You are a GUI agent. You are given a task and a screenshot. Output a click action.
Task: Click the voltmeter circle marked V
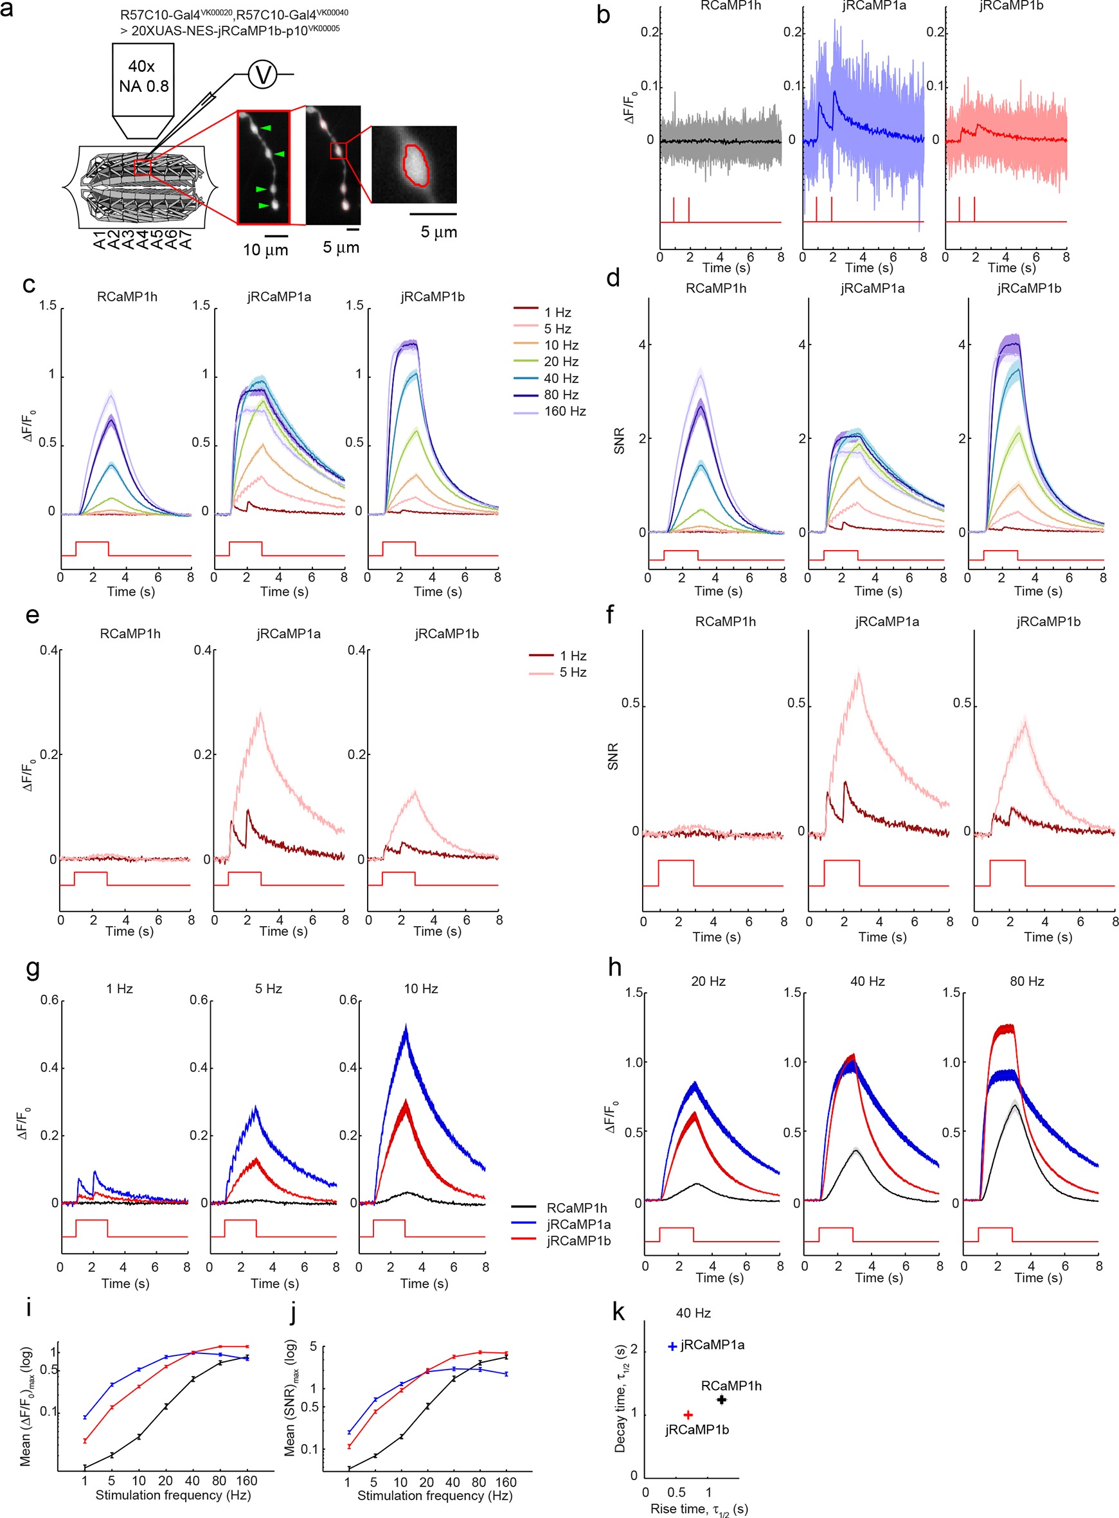click(263, 74)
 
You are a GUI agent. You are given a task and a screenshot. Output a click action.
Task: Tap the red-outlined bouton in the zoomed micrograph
click(415, 165)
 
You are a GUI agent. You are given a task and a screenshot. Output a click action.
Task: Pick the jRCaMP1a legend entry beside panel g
click(578, 1224)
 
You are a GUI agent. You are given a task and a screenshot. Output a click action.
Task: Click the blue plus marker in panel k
click(672, 1346)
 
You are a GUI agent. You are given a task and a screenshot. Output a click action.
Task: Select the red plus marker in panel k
click(688, 1415)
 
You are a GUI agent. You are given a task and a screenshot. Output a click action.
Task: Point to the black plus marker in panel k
click(721, 1400)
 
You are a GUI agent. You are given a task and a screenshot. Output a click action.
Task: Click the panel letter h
click(614, 967)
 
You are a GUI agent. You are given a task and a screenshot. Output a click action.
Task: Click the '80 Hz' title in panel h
click(1026, 981)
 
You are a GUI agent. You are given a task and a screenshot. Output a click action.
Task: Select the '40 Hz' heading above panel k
click(693, 1313)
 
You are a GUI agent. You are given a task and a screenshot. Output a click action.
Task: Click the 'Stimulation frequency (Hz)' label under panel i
click(173, 1495)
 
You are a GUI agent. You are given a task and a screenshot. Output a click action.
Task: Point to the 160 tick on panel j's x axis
click(505, 1482)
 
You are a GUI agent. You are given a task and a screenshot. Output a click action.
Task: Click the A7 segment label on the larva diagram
click(186, 239)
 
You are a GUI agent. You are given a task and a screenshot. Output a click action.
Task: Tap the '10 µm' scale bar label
click(265, 250)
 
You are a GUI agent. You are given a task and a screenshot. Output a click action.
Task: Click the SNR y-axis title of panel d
click(619, 440)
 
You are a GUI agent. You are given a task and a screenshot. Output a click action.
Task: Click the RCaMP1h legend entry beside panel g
click(577, 1208)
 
